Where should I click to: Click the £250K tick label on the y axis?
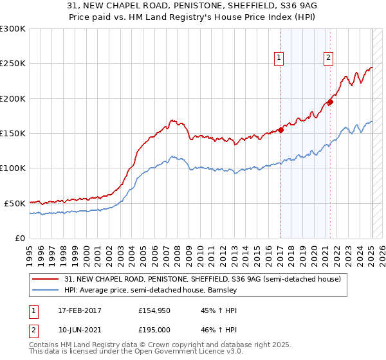13,64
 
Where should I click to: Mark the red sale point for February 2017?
280,130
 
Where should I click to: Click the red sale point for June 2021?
330,102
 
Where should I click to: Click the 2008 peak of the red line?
172,120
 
